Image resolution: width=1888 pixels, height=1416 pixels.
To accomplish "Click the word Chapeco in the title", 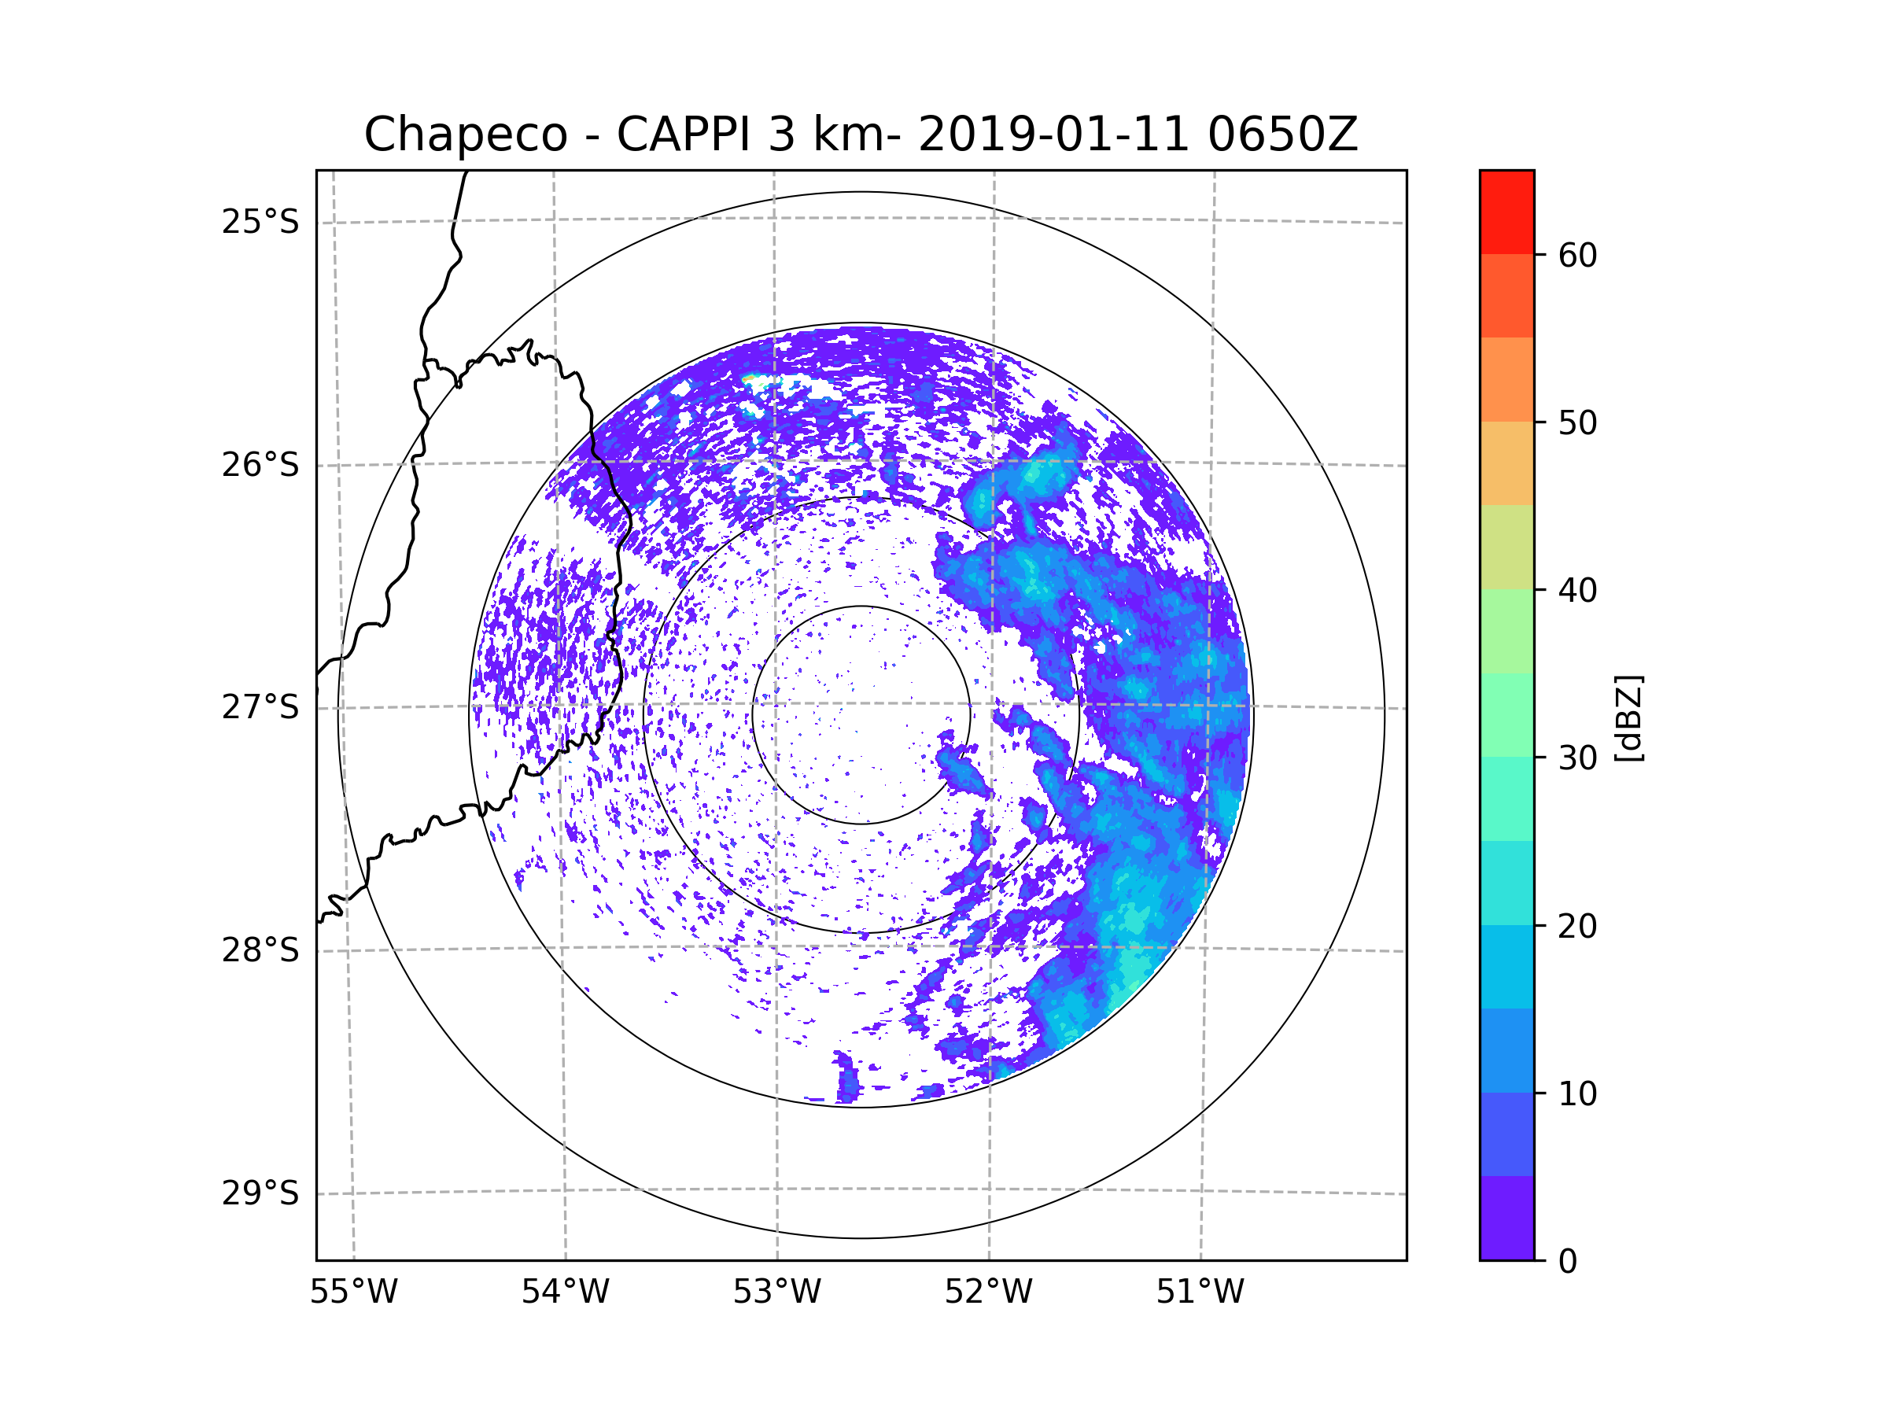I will point(465,135).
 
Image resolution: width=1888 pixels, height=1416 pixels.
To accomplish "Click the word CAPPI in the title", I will point(684,135).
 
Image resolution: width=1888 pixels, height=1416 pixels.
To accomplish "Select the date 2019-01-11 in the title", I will point(1053,135).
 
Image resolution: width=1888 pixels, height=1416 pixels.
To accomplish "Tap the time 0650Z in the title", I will point(1281,135).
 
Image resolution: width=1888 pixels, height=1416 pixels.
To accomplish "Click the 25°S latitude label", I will point(260,222).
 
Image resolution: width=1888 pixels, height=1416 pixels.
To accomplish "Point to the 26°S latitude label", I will point(260,465).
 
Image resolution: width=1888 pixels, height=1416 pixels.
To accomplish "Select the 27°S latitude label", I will point(260,707).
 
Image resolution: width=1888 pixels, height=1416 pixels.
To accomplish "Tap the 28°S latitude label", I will point(260,950).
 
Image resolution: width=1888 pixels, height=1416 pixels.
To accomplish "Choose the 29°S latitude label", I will point(260,1193).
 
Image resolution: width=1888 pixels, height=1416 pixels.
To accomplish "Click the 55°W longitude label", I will point(353,1292).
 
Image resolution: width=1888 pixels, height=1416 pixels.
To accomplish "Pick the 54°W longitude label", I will point(565,1292).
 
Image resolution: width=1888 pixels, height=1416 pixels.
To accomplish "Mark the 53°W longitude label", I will point(776,1292).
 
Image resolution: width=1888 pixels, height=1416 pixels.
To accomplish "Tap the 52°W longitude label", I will point(988,1292).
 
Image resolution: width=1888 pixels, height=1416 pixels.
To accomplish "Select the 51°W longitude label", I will point(1200,1292).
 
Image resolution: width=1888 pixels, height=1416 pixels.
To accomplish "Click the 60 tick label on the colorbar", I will point(1577,255).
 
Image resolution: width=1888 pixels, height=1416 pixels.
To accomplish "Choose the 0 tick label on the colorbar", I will point(1568,1262).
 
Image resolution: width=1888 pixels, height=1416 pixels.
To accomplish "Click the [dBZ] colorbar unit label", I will point(1628,717).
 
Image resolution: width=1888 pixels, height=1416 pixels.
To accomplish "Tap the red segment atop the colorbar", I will point(1506,212).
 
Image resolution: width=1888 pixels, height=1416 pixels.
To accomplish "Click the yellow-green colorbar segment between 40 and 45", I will point(1506,547).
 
